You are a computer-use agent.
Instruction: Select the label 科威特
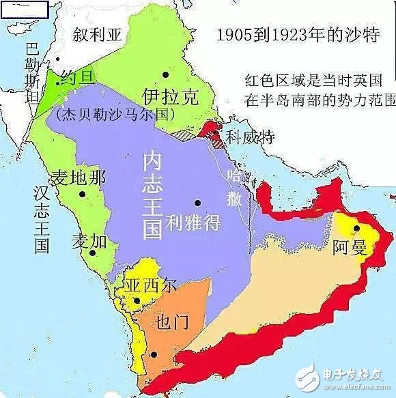(x=250, y=137)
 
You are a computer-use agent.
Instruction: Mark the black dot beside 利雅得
(x=197, y=203)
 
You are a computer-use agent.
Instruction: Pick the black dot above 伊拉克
(x=165, y=74)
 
